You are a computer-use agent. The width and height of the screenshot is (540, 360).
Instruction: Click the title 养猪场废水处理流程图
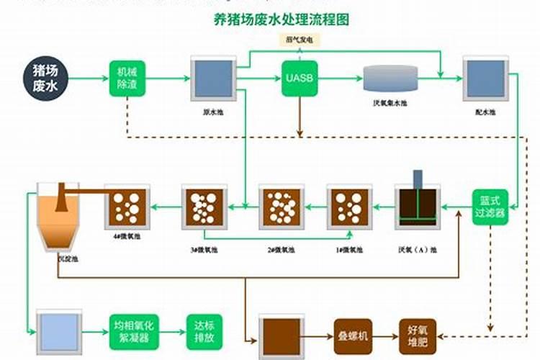click(x=282, y=20)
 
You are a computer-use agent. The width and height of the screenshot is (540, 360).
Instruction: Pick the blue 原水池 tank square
click(x=210, y=78)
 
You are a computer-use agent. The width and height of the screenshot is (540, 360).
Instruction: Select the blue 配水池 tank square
click(x=482, y=78)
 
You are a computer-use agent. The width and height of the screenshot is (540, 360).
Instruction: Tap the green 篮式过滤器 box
click(x=490, y=207)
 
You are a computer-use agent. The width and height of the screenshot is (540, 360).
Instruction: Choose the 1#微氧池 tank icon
click(x=349, y=207)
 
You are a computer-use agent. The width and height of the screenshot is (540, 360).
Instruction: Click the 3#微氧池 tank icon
click(x=204, y=207)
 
